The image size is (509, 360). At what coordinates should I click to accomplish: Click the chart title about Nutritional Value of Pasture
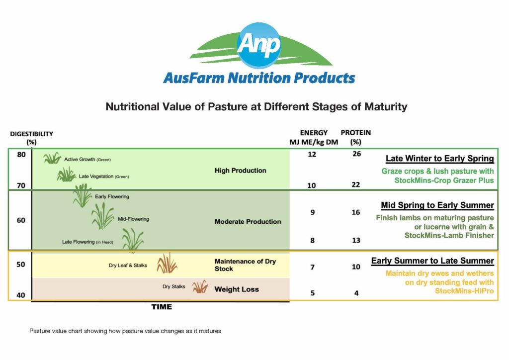click(256, 106)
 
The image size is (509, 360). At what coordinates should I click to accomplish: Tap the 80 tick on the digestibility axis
click(21, 155)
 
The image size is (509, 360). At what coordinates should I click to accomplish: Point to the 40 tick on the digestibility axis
click(21, 295)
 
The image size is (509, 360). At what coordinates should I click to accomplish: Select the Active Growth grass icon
click(52, 159)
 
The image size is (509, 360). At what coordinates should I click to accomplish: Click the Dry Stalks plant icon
click(200, 287)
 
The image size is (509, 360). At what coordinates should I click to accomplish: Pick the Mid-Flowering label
click(133, 219)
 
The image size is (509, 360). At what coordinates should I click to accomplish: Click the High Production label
click(240, 171)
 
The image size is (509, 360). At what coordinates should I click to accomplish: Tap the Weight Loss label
click(237, 289)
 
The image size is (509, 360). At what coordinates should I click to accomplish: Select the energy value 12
click(312, 155)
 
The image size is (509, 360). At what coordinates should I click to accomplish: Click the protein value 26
click(356, 155)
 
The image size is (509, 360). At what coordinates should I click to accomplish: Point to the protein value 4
click(356, 293)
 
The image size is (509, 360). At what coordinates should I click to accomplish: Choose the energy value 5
click(312, 293)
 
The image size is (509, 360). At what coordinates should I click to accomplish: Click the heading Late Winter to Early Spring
click(439, 159)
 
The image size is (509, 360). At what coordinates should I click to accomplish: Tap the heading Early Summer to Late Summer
click(432, 261)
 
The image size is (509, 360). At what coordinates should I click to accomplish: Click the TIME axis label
click(162, 307)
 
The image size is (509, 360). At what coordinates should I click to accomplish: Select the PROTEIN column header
click(355, 133)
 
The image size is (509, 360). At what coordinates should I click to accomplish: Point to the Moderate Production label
click(248, 222)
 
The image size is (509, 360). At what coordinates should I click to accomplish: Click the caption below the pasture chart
click(125, 331)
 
